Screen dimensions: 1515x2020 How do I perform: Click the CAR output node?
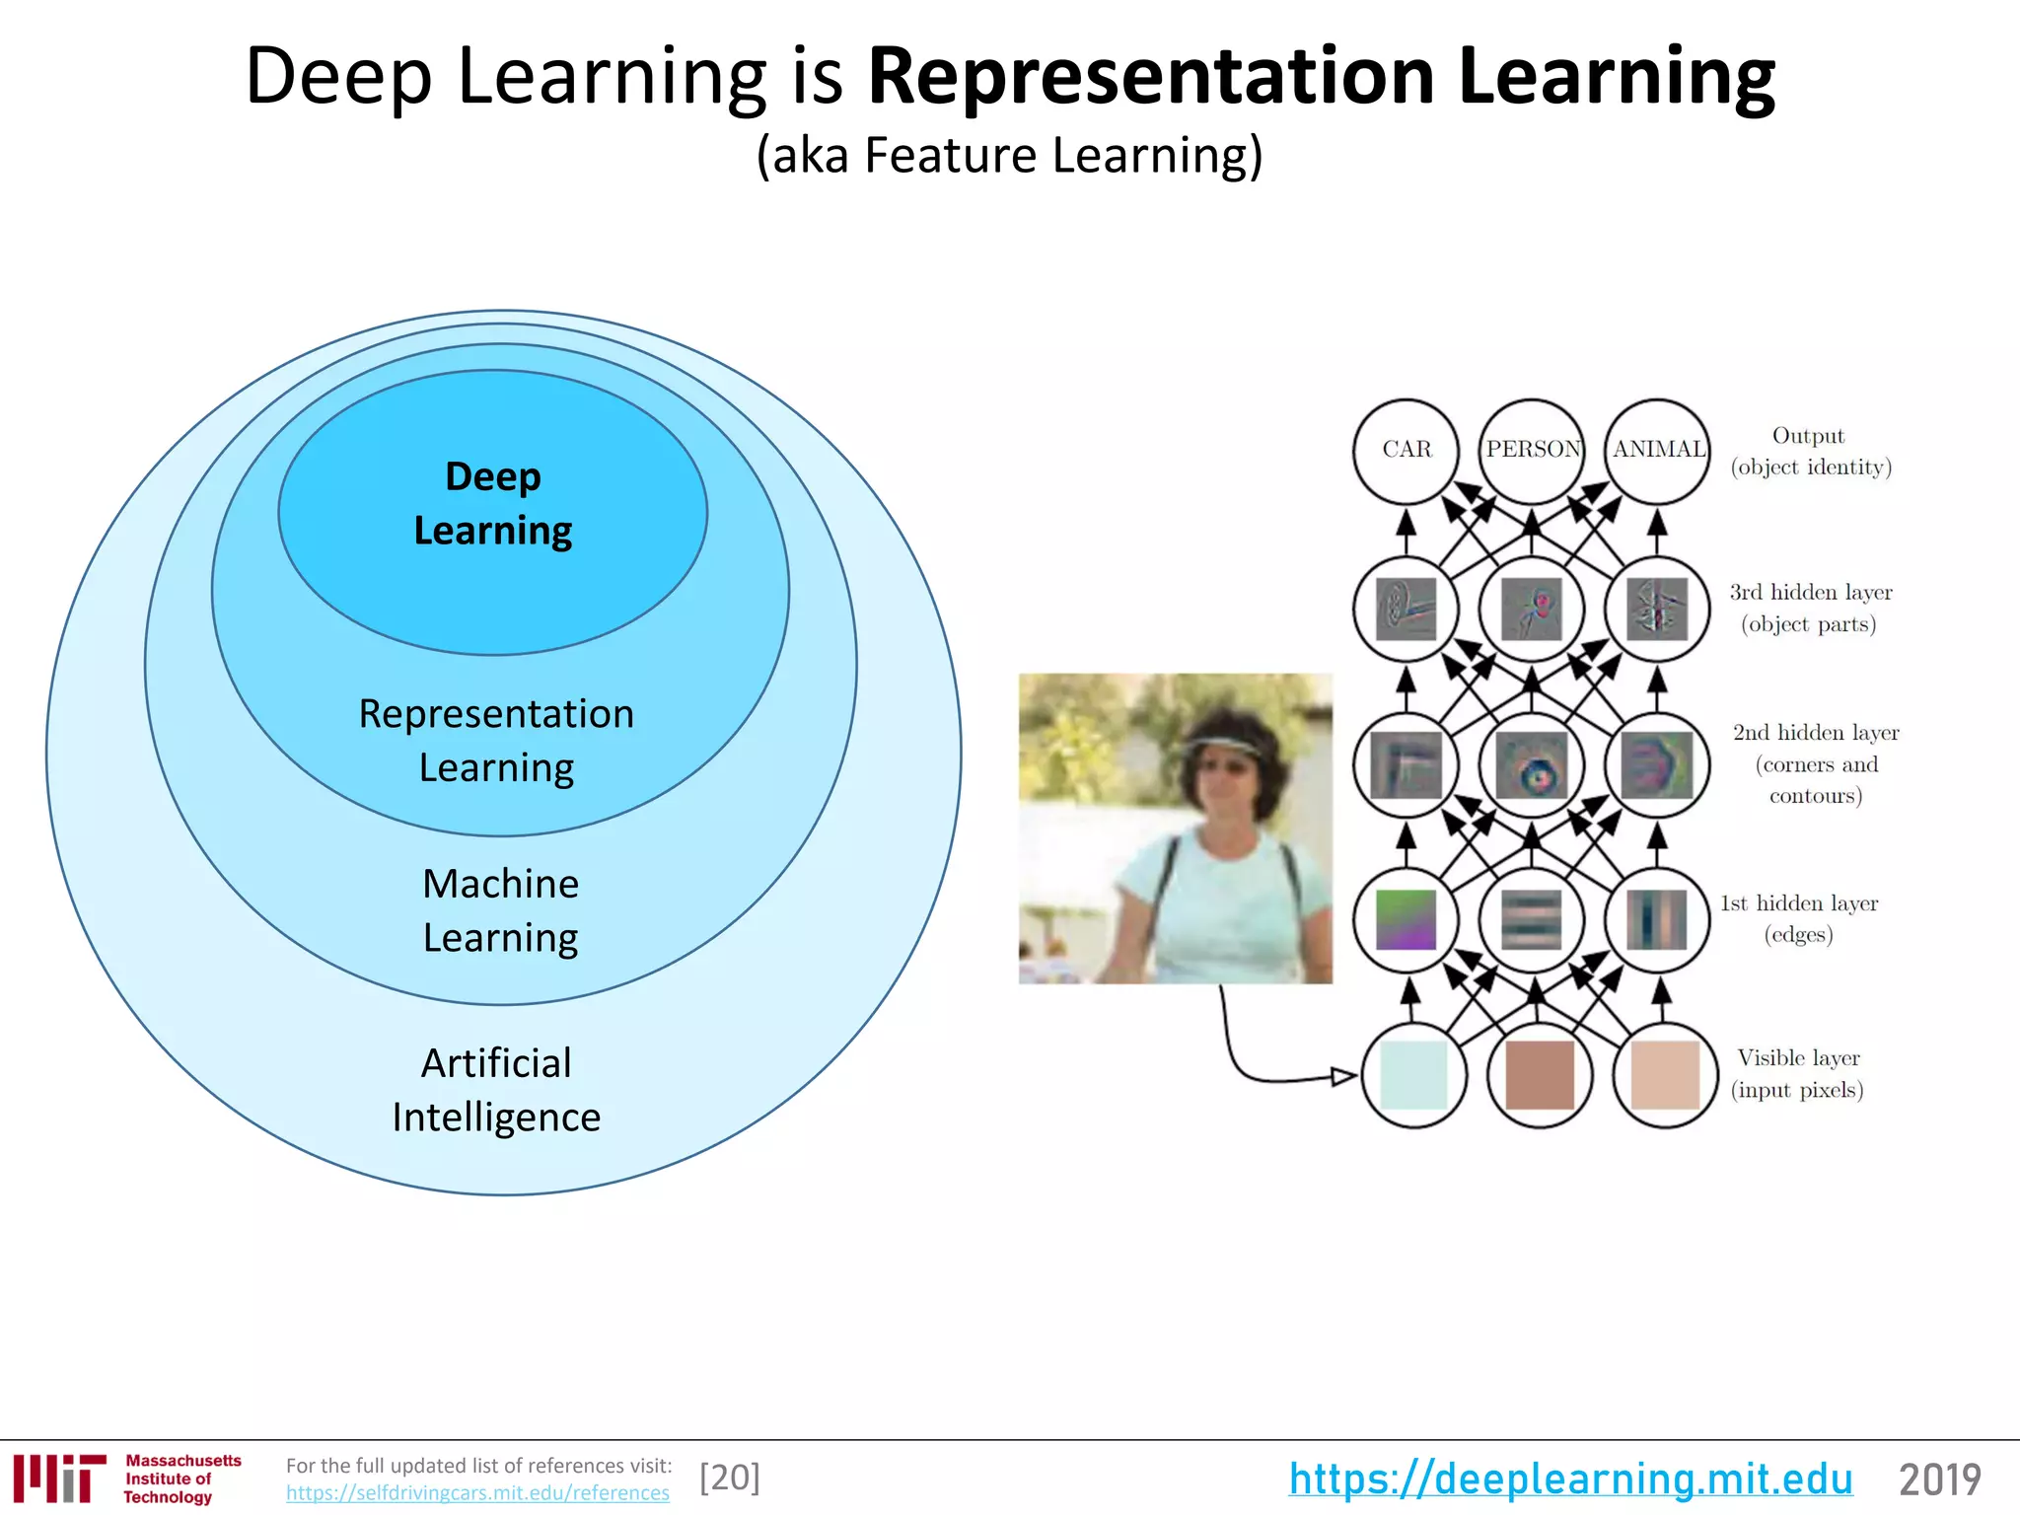(x=1406, y=450)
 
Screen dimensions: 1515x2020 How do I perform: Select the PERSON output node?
(x=1532, y=450)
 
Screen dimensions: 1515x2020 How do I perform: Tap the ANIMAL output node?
(x=1658, y=450)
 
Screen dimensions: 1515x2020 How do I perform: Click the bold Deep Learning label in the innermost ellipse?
(x=492, y=503)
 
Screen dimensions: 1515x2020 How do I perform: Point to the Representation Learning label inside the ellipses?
(x=496, y=740)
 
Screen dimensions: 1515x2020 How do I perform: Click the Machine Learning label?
(x=500, y=909)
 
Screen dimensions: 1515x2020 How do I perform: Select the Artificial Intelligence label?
(x=496, y=1089)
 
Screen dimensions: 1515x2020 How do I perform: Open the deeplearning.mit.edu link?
(x=1570, y=1479)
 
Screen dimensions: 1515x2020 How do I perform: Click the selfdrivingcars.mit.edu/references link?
(x=477, y=1493)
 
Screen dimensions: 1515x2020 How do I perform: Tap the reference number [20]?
(x=730, y=1478)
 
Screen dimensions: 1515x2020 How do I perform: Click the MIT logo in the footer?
(x=59, y=1478)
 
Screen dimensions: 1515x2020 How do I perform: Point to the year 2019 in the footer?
(x=1939, y=1479)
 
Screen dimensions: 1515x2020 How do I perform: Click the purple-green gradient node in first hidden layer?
(x=1406, y=919)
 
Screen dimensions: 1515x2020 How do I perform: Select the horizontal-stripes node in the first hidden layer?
(x=1532, y=919)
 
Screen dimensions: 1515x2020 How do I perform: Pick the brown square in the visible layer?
(x=1540, y=1075)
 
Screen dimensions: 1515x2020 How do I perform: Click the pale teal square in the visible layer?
(x=1413, y=1075)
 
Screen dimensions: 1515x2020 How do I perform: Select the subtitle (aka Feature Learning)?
(x=1009, y=156)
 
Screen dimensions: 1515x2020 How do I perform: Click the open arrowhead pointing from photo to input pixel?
(x=1343, y=1075)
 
